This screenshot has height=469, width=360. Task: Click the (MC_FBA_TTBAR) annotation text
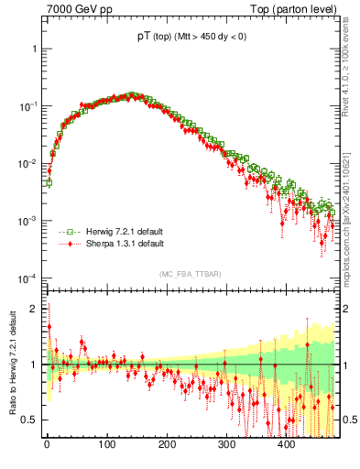click(x=189, y=274)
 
